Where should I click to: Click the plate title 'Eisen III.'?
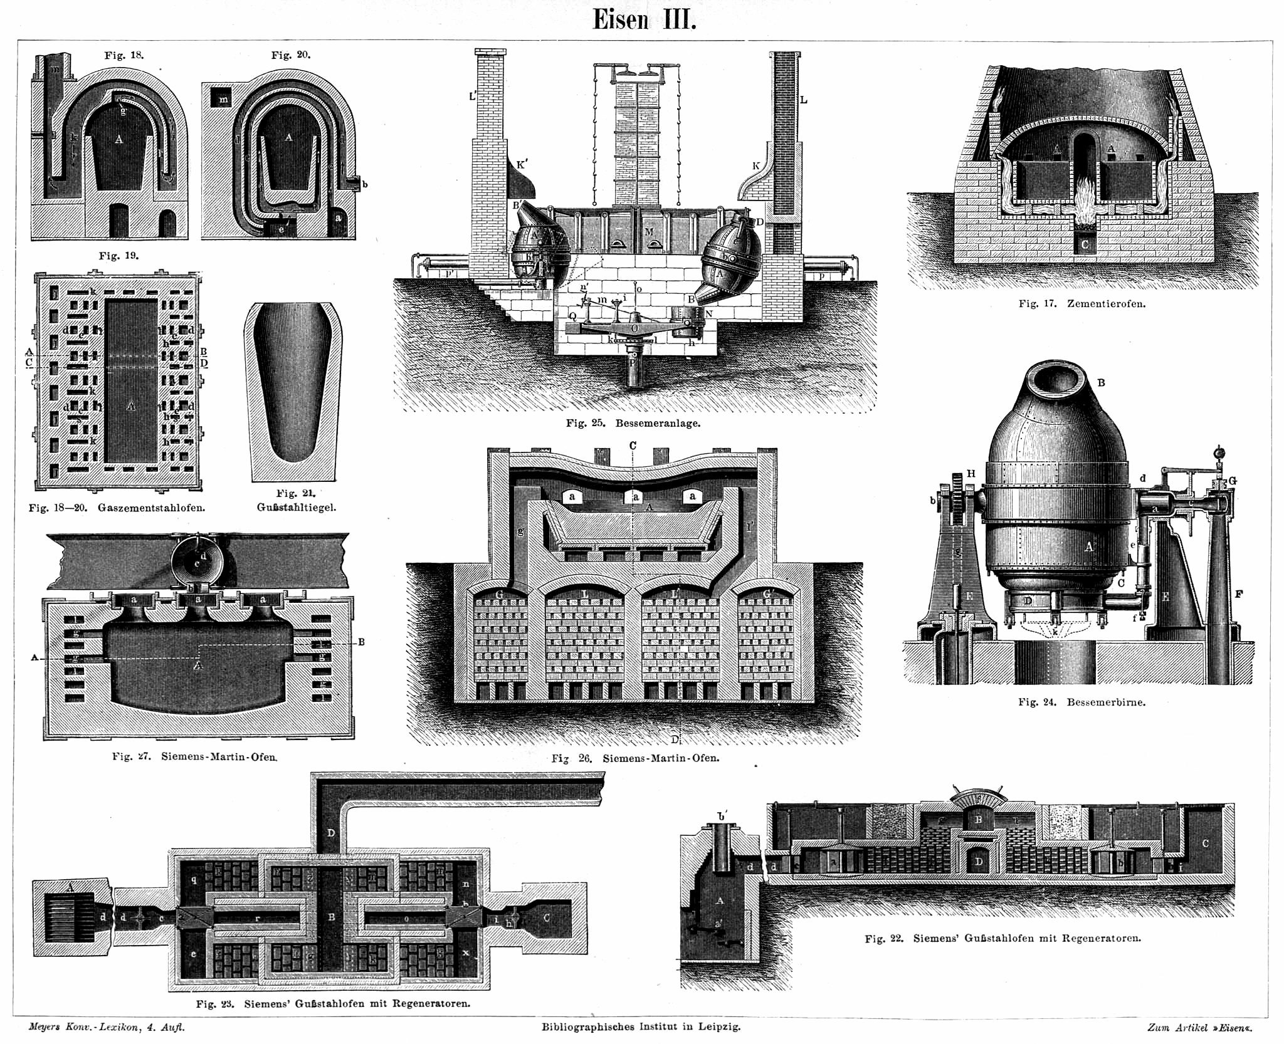(x=644, y=20)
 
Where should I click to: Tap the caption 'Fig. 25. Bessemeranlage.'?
(x=633, y=423)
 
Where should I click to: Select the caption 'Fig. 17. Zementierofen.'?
(x=1082, y=304)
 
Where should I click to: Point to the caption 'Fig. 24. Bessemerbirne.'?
(x=1081, y=702)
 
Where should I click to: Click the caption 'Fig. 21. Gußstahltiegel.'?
(x=297, y=501)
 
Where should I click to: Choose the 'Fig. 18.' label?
(x=124, y=55)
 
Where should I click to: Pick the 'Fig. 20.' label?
(x=291, y=55)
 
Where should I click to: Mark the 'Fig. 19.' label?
(x=118, y=256)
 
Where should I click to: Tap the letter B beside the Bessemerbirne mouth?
(x=1101, y=383)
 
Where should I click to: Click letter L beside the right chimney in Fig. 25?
(x=803, y=100)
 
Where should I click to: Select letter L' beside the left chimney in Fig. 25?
(x=473, y=97)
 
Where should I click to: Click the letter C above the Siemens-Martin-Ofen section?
(x=633, y=446)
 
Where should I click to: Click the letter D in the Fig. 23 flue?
(x=331, y=833)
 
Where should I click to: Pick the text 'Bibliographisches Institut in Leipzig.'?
(x=641, y=1027)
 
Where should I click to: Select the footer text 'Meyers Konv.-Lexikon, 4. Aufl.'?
(x=107, y=1027)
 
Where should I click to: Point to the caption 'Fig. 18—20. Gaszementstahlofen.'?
(x=117, y=508)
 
